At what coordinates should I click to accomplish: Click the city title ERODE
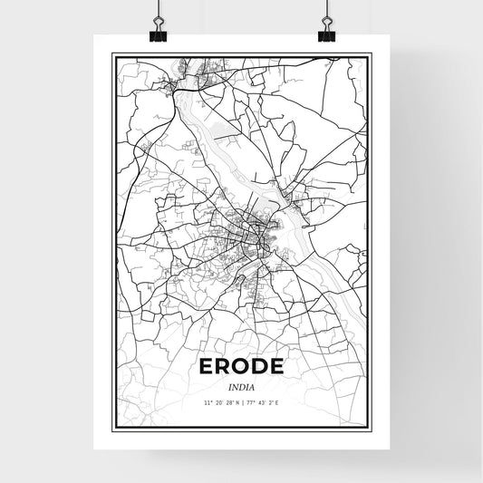point(242,367)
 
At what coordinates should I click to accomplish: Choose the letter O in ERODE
point(242,367)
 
